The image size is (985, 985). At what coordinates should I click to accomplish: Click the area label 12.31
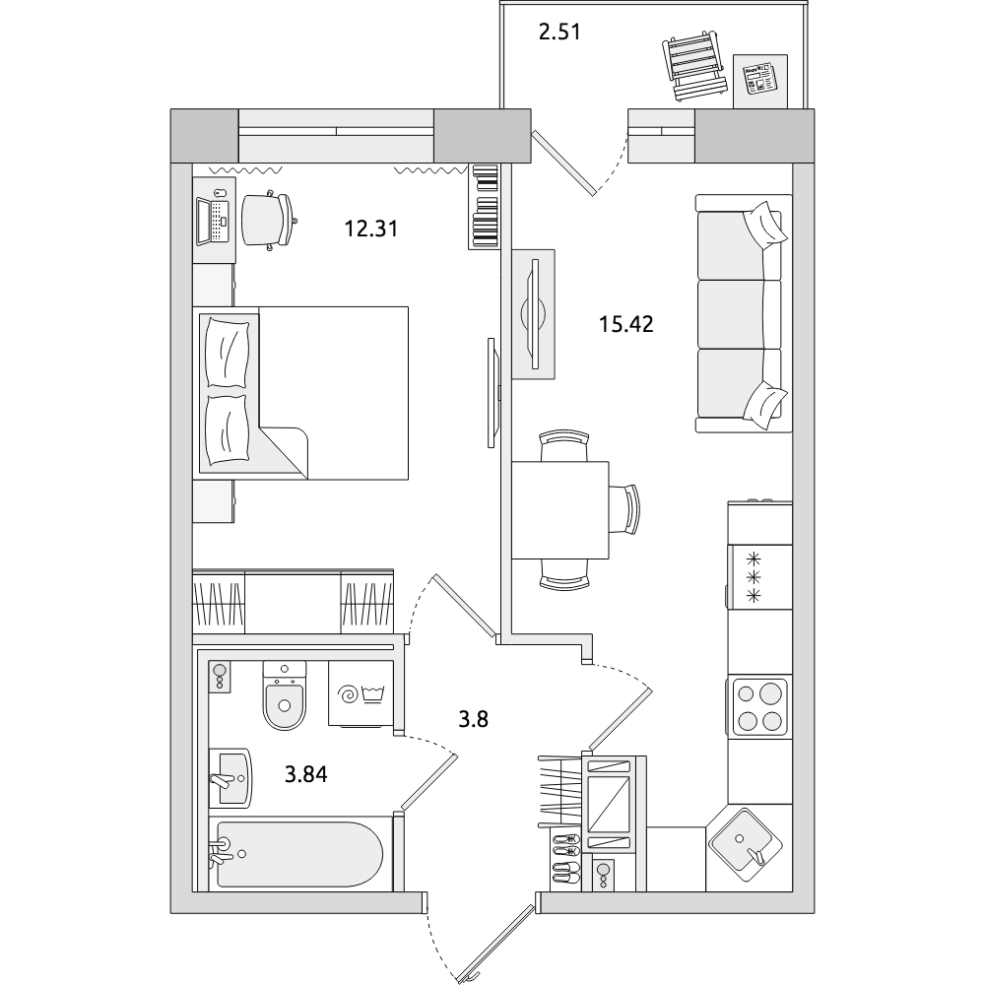(370, 229)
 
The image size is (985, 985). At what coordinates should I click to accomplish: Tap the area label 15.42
(625, 324)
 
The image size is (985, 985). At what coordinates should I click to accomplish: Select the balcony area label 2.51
(559, 32)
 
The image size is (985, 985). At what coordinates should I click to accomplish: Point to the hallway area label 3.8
(473, 719)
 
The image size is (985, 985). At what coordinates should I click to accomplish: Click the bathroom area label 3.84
(306, 774)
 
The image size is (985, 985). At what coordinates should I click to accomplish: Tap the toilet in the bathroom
(285, 694)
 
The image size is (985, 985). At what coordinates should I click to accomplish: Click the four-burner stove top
(758, 706)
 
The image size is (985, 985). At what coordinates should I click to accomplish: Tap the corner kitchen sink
(746, 845)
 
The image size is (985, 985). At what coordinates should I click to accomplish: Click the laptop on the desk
(211, 221)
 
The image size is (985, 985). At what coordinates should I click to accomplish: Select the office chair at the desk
(268, 221)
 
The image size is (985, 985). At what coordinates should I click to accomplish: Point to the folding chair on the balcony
(692, 68)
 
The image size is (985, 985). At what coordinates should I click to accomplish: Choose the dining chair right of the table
(625, 509)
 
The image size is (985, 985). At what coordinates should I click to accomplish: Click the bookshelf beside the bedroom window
(483, 207)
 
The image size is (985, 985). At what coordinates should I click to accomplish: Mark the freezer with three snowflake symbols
(759, 576)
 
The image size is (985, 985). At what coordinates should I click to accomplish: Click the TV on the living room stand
(534, 313)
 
